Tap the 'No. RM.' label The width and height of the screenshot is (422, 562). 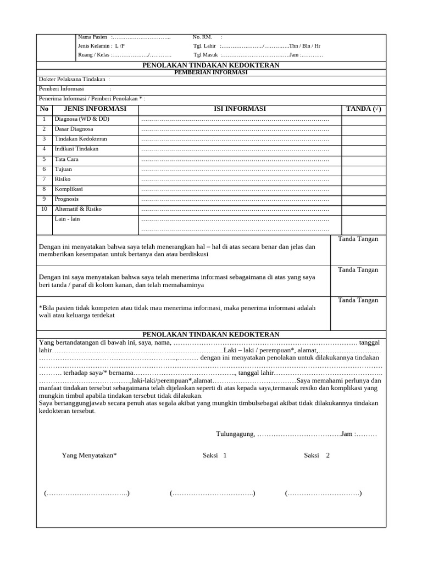[x=203, y=37]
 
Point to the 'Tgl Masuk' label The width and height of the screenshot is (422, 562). [x=206, y=55]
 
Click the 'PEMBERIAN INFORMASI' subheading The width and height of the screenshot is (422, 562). [x=210, y=72]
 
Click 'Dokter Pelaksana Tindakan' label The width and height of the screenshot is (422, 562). [x=73, y=80]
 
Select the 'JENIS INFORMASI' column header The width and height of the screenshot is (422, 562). [x=91, y=109]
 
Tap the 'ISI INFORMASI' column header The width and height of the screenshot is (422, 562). [x=240, y=109]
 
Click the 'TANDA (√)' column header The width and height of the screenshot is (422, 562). [x=363, y=109]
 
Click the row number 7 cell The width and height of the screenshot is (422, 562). [x=44, y=179]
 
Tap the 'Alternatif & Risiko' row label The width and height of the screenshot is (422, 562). [x=78, y=209]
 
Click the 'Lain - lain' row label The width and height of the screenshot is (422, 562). [x=68, y=219]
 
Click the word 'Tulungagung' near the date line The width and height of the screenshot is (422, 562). [x=235, y=434]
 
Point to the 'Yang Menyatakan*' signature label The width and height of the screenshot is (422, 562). [x=89, y=456]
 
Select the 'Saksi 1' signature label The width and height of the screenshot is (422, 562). [x=214, y=456]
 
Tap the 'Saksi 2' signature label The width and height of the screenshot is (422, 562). [x=316, y=456]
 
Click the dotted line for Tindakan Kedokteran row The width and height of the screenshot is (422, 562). [x=235, y=139]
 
